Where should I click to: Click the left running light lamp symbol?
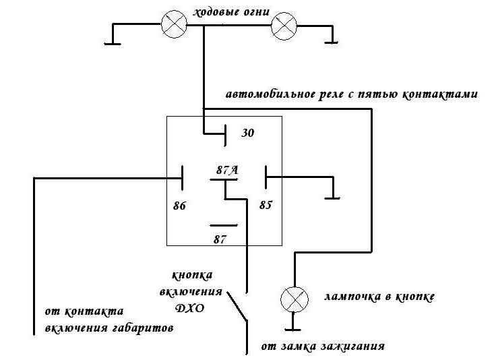174,24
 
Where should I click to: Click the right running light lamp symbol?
284,26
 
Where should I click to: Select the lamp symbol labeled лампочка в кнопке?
294,299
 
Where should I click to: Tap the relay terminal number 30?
248,133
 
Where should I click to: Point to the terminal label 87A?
227,170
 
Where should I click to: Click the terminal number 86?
179,206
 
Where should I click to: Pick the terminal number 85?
266,206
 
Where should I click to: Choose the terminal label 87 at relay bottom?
220,239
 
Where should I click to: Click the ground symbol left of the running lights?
113,44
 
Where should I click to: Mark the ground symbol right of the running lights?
332,42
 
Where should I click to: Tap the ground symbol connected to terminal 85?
332,198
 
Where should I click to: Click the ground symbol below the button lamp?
293,330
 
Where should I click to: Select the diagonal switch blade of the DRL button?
237,307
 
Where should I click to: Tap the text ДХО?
190,308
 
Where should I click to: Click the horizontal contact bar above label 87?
223,226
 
